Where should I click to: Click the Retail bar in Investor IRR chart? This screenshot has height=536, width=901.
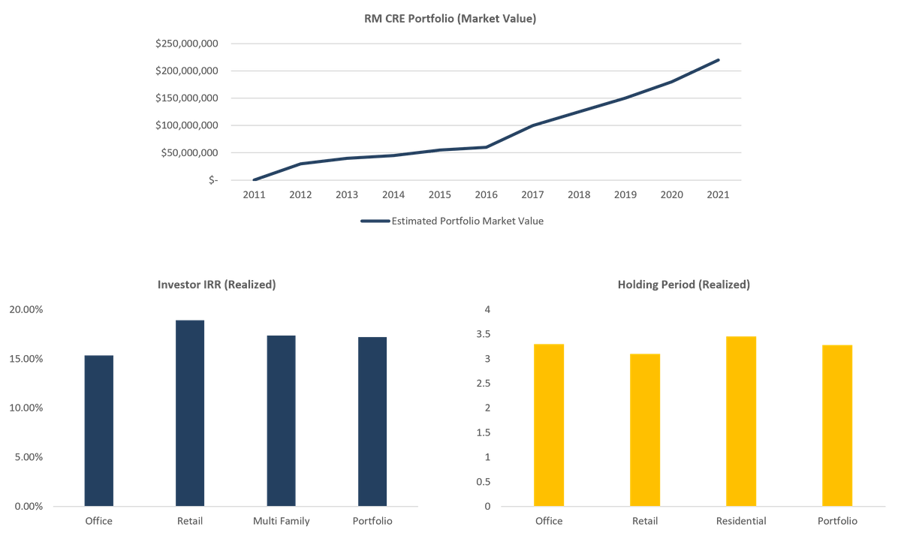pyautogui.click(x=190, y=412)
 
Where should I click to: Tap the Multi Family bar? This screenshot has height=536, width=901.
pyautogui.click(x=281, y=420)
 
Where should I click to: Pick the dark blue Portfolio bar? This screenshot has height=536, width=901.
pyautogui.click(x=372, y=421)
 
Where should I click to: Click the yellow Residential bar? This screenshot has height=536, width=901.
pyautogui.click(x=741, y=420)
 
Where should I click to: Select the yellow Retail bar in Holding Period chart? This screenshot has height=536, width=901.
pyautogui.click(x=645, y=429)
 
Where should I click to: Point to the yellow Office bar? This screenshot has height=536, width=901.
pyautogui.click(x=549, y=424)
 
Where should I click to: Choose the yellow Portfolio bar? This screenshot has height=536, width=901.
pyautogui.click(x=837, y=425)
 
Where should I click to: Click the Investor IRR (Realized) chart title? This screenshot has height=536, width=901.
pyautogui.click(x=216, y=285)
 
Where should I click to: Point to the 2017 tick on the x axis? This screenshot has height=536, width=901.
pyautogui.click(x=532, y=194)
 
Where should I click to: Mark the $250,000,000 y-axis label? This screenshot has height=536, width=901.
pyautogui.click(x=187, y=44)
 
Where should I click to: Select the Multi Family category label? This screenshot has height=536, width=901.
pyautogui.click(x=281, y=521)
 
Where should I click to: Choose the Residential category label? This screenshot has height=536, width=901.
pyautogui.click(x=741, y=521)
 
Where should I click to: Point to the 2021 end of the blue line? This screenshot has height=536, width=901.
pyautogui.click(x=719, y=60)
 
